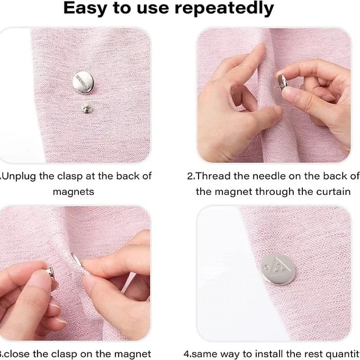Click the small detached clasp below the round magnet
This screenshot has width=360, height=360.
click(x=85, y=108)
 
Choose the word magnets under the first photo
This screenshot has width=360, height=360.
click(x=73, y=191)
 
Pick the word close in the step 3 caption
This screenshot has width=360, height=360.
click(x=18, y=353)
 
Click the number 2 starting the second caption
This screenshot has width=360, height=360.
click(x=190, y=176)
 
